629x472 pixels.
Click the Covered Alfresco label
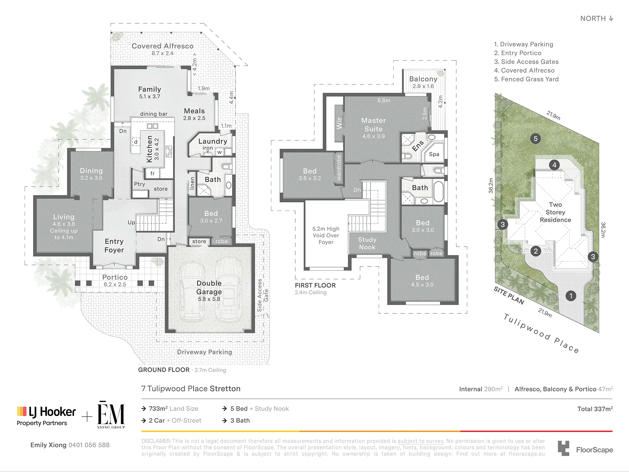tap(163, 46)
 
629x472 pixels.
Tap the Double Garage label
tap(209, 287)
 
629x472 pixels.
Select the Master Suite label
tap(374, 125)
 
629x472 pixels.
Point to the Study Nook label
tap(367, 243)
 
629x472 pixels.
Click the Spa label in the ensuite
tap(434, 154)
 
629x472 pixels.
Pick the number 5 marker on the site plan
tap(536, 138)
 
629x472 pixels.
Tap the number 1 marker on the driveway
tap(571, 296)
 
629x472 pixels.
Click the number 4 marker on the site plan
tap(554, 165)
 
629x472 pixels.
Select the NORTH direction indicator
tap(597, 18)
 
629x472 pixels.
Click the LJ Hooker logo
tap(46, 416)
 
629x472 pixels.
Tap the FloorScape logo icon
tap(563, 448)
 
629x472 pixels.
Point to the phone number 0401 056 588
tap(89, 445)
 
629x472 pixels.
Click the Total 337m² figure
tap(595, 409)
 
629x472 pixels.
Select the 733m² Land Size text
tap(173, 408)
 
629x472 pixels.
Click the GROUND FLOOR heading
tap(164, 370)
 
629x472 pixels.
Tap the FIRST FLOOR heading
tap(315, 285)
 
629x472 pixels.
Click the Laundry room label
tap(213, 141)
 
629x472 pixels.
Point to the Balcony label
tap(423, 79)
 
